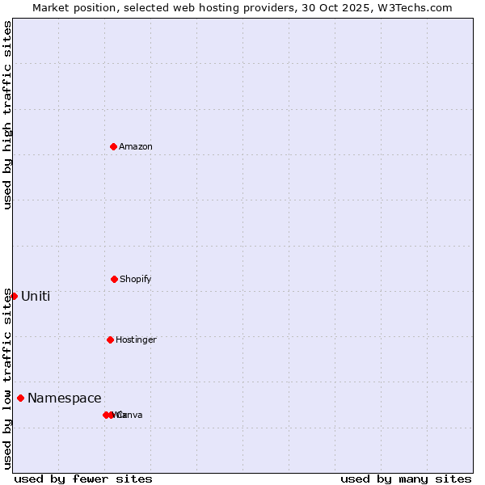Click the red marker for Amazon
click(114, 146)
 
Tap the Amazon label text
click(136, 146)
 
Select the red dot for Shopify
click(114, 279)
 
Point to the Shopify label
click(136, 279)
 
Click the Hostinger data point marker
click(110, 339)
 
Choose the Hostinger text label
click(136, 339)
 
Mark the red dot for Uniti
click(14, 296)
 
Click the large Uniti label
click(36, 296)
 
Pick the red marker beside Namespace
click(20, 398)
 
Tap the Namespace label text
click(65, 398)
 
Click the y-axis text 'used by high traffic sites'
click(7, 115)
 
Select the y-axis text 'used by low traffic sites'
click(7, 378)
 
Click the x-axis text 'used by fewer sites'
click(83, 479)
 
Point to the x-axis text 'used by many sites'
click(406, 479)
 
